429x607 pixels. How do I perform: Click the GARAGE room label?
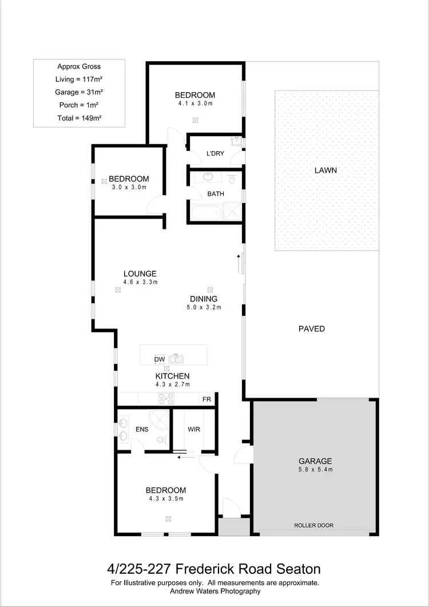click(315, 461)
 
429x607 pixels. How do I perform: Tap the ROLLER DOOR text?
click(313, 525)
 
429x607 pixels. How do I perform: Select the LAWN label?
click(325, 170)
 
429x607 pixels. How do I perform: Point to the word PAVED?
click(312, 328)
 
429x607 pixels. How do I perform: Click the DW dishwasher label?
click(160, 359)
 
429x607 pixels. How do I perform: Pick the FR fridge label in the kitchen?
click(206, 399)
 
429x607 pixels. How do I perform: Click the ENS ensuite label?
click(142, 429)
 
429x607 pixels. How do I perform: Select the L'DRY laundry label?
click(215, 153)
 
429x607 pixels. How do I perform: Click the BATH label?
click(216, 194)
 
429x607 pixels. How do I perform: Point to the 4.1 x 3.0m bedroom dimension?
click(195, 104)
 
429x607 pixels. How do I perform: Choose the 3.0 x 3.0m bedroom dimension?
click(129, 187)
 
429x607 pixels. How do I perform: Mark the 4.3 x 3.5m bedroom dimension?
click(165, 499)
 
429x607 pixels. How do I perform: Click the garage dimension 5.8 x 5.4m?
click(315, 470)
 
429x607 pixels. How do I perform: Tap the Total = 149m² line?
click(80, 118)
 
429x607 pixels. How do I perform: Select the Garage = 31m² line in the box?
click(80, 92)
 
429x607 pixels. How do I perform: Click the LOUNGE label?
click(140, 273)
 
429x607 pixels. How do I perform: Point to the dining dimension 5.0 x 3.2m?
click(204, 307)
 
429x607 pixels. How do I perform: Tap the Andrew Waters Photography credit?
click(214, 591)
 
